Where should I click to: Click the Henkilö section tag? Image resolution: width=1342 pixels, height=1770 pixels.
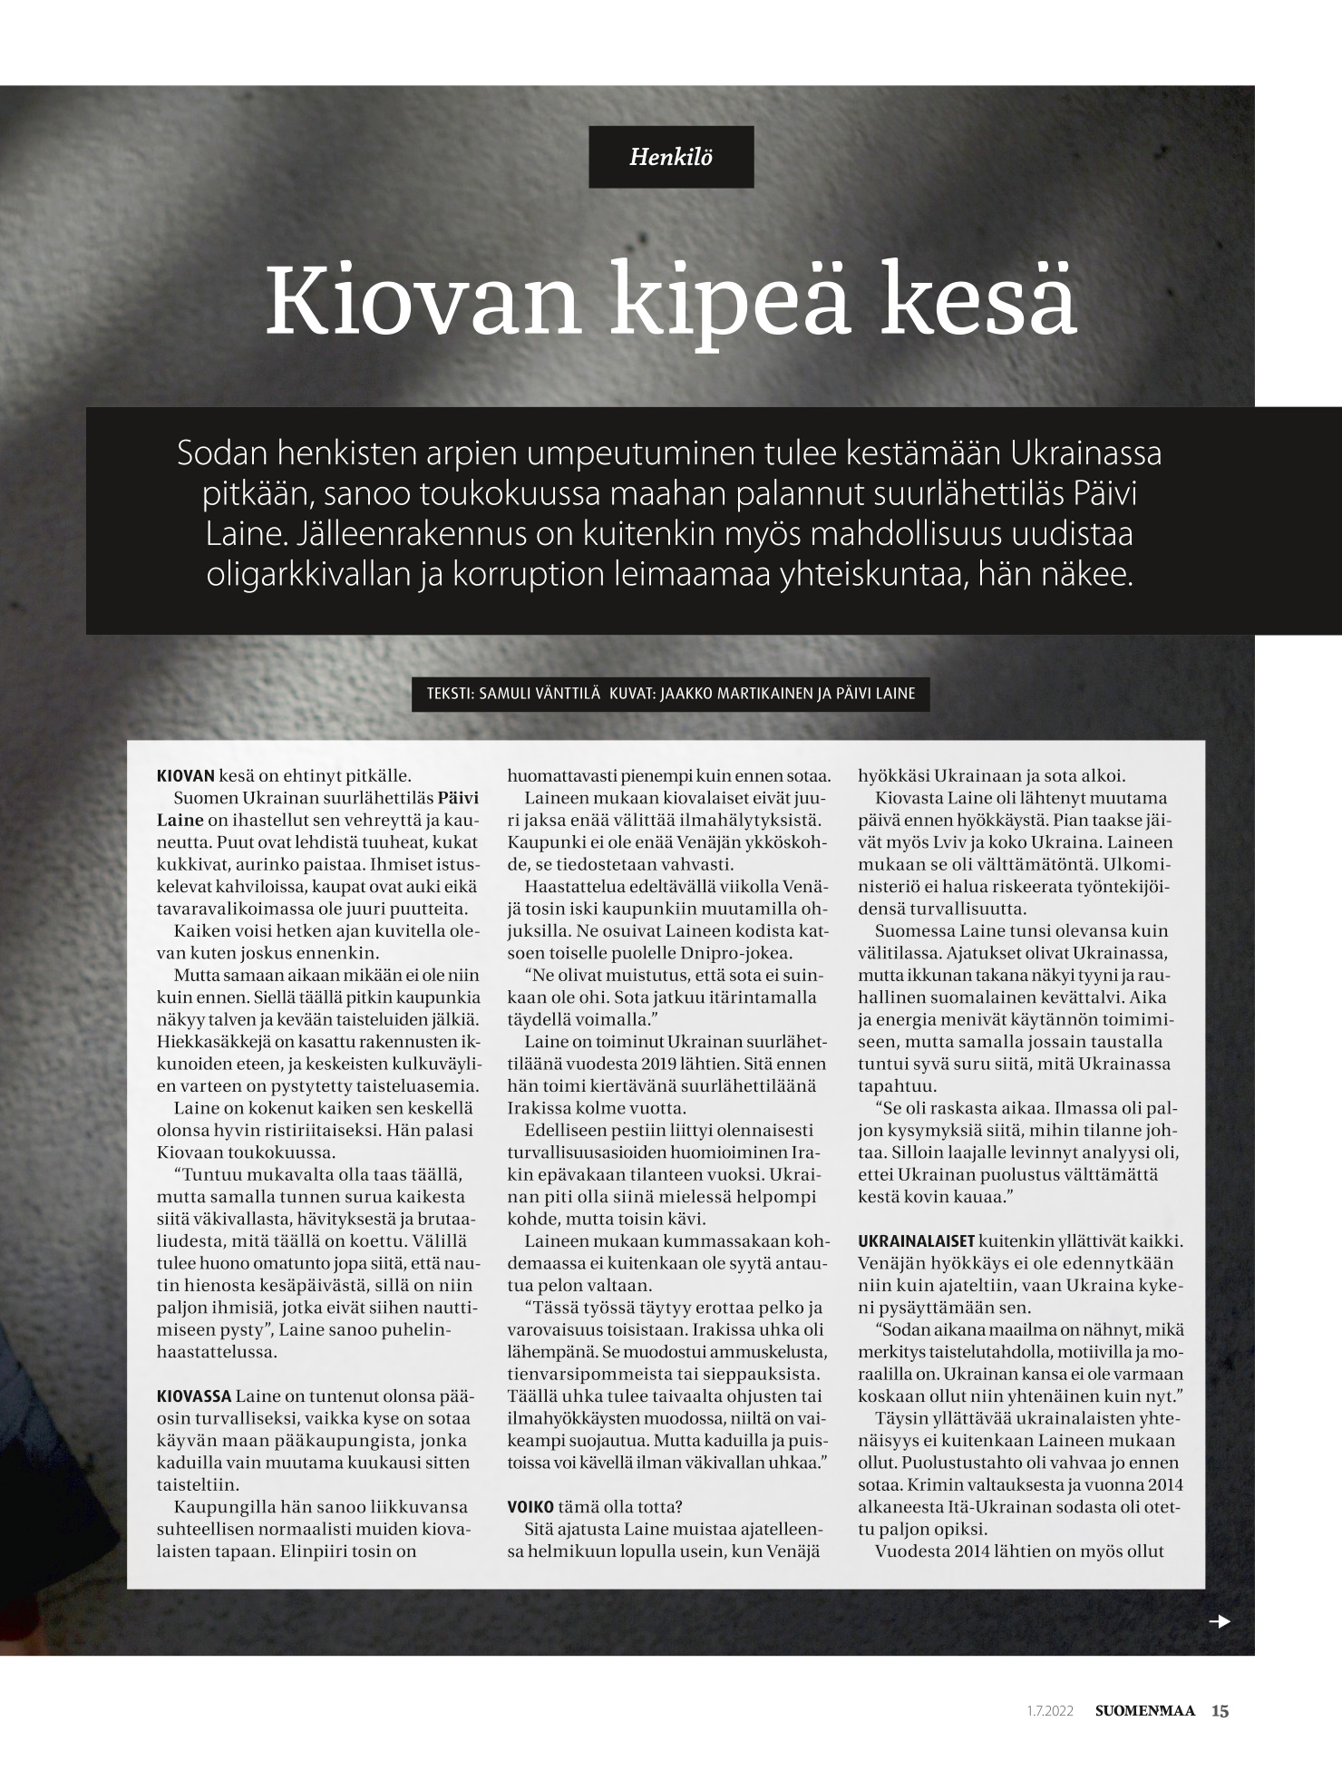671,157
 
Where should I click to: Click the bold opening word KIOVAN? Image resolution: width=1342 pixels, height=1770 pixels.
186,776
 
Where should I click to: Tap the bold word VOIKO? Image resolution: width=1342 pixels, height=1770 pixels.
530,1507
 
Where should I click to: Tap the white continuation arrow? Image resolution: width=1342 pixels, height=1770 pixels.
1220,1621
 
